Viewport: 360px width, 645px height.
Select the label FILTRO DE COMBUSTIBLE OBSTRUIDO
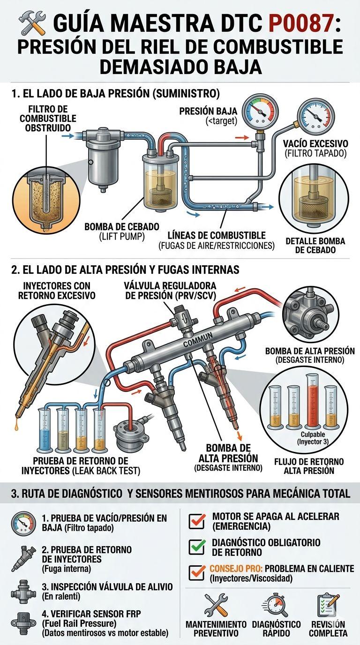[48, 118]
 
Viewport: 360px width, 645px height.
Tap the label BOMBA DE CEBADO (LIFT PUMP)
[121, 232]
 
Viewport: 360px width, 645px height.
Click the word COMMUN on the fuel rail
[197, 340]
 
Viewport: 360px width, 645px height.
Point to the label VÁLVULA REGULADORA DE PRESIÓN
[170, 291]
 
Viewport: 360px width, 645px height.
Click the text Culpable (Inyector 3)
[313, 438]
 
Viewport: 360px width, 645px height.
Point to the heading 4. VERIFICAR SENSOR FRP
[91, 614]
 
